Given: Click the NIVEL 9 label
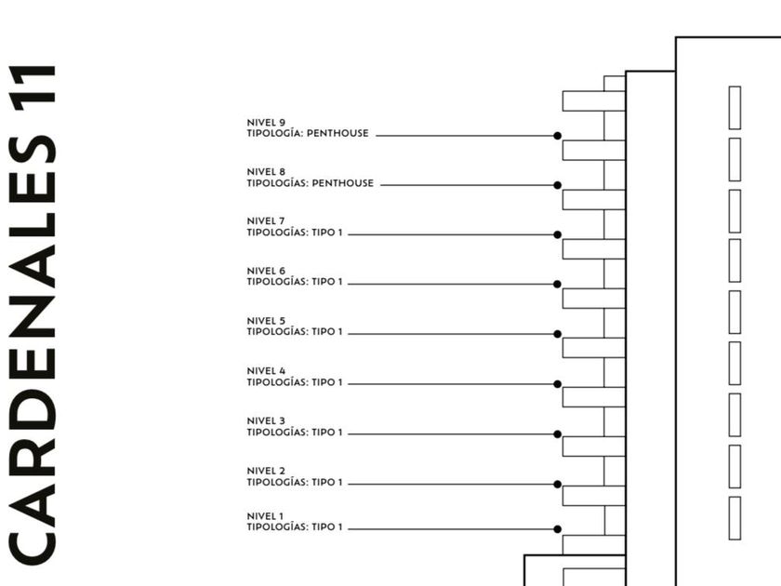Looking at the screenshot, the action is (266, 122).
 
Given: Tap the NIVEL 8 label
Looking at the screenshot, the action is (266, 172).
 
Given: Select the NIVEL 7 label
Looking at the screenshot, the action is (266, 221).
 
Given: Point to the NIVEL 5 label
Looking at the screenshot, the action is (266, 321).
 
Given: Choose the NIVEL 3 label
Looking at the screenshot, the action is (266, 420).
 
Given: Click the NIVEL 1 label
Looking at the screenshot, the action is (266, 516).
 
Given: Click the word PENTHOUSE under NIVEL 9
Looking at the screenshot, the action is (338, 134).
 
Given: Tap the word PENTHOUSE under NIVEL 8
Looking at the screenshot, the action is (343, 183).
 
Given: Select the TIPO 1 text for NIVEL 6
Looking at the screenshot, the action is (327, 281).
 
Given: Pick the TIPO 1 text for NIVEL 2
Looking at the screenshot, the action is (327, 483).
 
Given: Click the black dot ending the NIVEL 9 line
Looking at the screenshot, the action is (558, 136).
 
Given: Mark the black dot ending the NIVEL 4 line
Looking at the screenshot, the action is (558, 384).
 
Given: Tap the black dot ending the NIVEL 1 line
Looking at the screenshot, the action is (558, 529).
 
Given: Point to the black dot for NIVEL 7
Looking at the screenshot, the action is (558, 234).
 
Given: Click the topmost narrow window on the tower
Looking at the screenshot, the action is (735, 108).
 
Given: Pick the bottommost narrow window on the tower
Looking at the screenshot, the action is (735, 518).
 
